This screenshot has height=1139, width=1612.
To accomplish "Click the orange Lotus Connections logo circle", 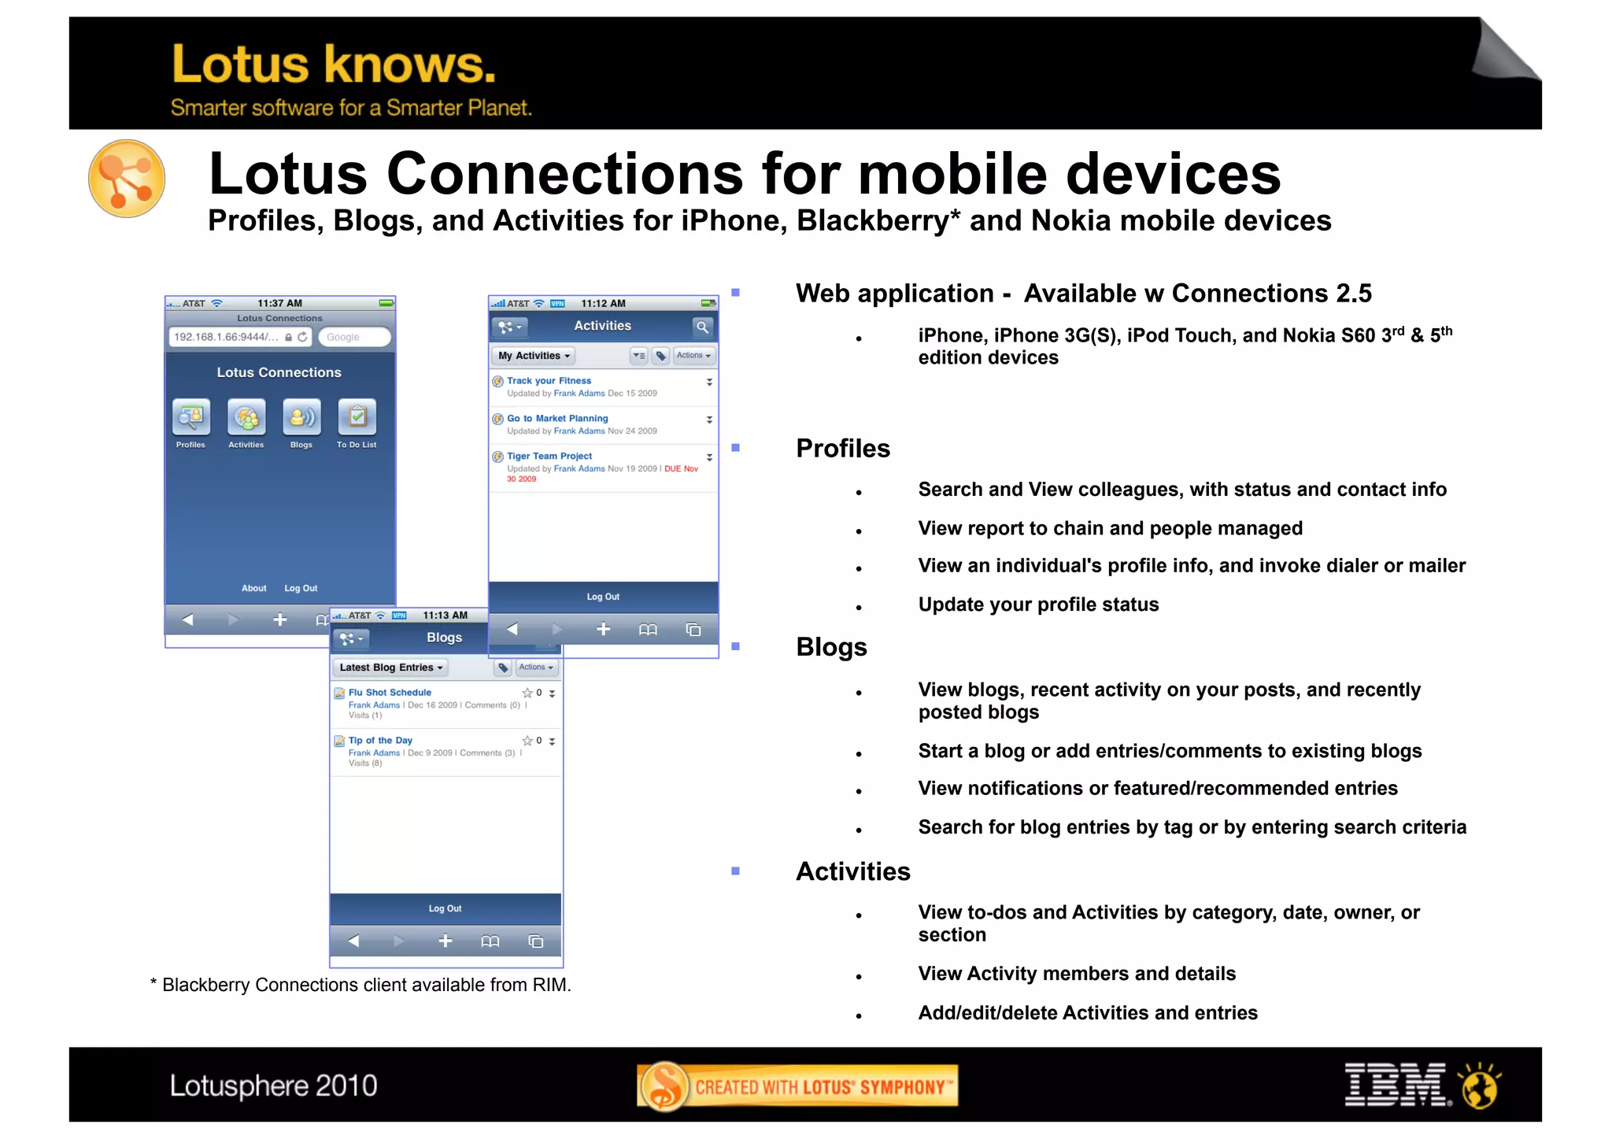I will tap(127, 179).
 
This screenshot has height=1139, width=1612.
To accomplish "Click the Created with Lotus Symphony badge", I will tap(797, 1086).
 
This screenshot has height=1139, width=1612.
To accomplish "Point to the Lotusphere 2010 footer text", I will tap(273, 1086).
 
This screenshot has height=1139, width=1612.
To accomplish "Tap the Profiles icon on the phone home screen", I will tap(191, 417).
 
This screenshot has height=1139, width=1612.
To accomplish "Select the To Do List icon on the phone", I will tap(357, 417).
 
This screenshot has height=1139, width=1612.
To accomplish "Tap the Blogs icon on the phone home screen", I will tap(301, 417).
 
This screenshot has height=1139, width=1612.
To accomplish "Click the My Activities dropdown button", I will tap(534, 356).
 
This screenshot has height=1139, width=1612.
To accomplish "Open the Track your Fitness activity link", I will tap(549, 381).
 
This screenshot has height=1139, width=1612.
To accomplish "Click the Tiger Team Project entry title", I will tap(549, 457).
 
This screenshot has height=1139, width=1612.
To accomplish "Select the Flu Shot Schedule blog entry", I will tap(390, 693).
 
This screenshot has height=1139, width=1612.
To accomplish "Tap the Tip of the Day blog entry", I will tap(380, 741).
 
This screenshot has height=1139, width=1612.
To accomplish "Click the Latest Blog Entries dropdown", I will tap(390, 667).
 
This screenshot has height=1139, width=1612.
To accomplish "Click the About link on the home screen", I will tap(253, 588).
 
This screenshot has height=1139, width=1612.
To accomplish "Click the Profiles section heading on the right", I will tap(843, 449).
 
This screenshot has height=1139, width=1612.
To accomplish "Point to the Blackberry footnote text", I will tap(360, 985).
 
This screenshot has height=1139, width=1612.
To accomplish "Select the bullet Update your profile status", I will tap(1038, 605).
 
